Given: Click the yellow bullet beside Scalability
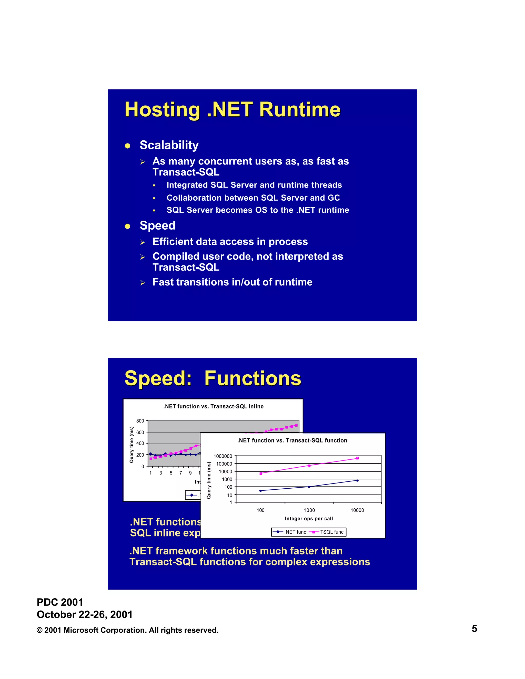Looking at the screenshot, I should click(127, 146).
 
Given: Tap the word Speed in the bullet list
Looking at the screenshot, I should click(157, 225).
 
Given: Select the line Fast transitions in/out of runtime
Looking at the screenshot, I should click(232, 282).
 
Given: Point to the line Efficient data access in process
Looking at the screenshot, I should click(230, 242).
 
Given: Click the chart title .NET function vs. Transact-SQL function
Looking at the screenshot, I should click(292, 440).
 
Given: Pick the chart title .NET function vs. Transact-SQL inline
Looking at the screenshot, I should click(213, 406).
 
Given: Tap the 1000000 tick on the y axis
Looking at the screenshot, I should click(223, 456).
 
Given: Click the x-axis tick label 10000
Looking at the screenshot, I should click(357, 510).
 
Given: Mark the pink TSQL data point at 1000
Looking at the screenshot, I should click(309, 466).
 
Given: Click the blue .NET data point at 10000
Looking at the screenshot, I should click(357, 480).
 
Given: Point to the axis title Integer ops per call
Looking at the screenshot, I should click(309, 519).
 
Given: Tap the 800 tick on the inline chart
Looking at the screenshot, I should click(140, 421).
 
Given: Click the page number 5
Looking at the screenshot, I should click(474, 629).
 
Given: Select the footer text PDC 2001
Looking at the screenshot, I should click(60, 602).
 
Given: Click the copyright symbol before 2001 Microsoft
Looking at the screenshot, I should click(39, 630).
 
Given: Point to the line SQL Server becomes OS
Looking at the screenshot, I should click(258, 210).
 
